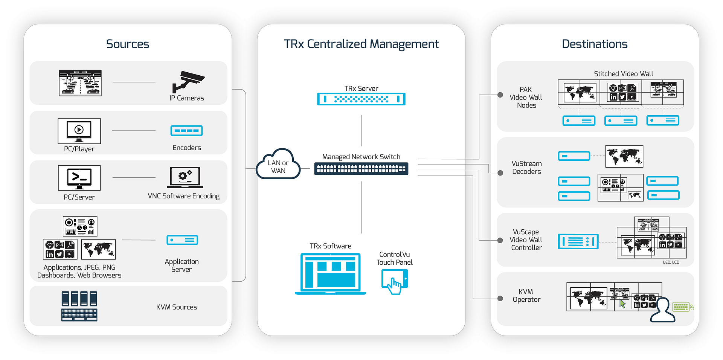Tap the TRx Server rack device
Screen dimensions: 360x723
(x=361, y=99)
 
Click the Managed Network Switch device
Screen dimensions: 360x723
(x=361, y=169)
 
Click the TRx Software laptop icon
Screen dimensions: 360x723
(x=330, y=274)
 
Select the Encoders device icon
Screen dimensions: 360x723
(x=186, y=131)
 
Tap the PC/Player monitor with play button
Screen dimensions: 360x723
(x=79, y=131)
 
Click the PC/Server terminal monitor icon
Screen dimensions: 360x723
(x=79, y=178)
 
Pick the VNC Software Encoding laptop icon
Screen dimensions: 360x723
(x=185, y=177)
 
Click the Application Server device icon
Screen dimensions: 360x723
(x=182, y=240)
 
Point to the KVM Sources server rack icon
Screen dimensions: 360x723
(x=79, y=306)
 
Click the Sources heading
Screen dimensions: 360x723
(x=128, y=44)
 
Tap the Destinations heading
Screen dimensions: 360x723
(x=595, y=44)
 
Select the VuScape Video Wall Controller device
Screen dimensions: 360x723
(x=578, y=241)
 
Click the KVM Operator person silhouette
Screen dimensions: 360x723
(x=662, y=311)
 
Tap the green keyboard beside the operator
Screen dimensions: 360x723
(x=681, y=307)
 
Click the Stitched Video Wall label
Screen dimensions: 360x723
(x=623, y=74)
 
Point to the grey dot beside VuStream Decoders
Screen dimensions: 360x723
(x=500, y=173)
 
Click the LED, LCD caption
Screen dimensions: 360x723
(x=671, y=262)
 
